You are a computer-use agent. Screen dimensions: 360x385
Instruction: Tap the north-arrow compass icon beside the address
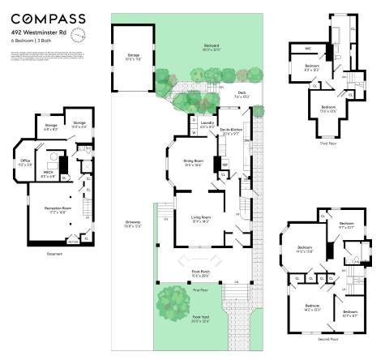click(x=79, y=35)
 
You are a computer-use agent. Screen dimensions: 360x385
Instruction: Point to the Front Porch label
click(x=200, y=273)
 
